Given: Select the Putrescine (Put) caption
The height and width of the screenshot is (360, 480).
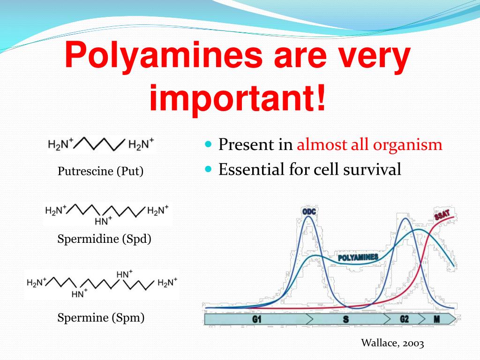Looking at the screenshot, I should [x=100, y=171].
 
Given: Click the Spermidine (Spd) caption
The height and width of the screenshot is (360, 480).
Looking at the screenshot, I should [x=105, y=239].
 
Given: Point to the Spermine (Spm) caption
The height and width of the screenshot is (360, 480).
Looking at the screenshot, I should [x=101, y=317].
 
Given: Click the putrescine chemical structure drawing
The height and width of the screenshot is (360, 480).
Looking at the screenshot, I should [x=101, y=145].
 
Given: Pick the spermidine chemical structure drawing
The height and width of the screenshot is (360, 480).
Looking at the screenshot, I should [x=107, y=214].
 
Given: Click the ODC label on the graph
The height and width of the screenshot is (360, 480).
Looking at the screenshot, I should [x=309, y=212].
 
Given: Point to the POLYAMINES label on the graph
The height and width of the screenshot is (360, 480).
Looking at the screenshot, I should [x=358, y=257].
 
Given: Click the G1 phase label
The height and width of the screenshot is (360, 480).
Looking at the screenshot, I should [x=257, y=319].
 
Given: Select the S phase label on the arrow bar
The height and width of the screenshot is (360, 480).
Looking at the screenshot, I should [x=345, y=319].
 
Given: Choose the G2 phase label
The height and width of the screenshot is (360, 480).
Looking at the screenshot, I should [x=405, y=319].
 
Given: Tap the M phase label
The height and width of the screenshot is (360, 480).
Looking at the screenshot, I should [x=437, y=319].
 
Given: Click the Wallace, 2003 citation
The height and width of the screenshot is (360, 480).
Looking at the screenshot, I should [x=392, y=343].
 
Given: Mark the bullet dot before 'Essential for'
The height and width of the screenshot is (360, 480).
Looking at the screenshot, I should [x=209, y=168].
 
